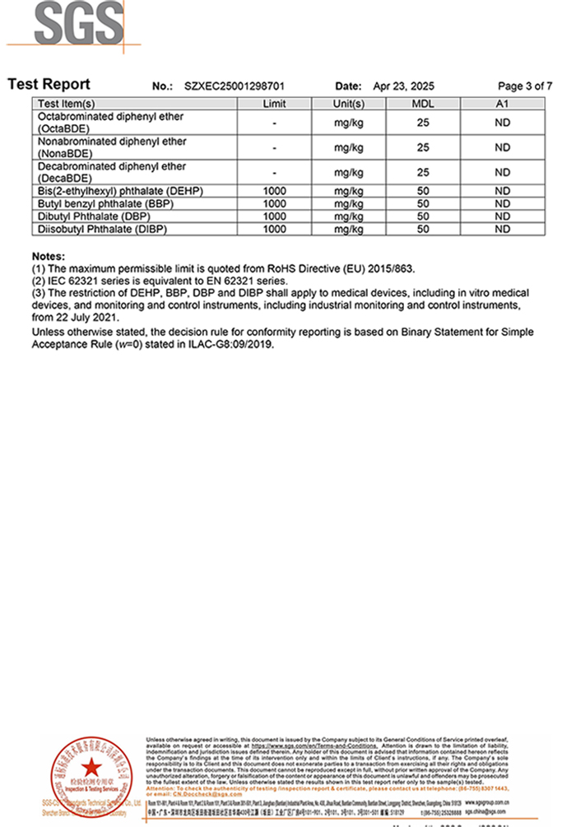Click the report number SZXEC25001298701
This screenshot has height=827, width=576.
click(x=235, y=86)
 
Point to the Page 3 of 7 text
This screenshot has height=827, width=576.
click(x=525, y=86)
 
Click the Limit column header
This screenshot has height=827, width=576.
click(x=274, y=105)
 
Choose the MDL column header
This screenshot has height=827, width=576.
click(x=423, y=105)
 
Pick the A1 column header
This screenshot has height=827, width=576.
click(x=502, y=105)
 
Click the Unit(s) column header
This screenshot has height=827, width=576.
click(x=349, y=105)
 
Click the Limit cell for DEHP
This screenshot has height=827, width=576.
click(x=274, y=192)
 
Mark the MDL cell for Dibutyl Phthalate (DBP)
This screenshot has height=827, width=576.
click(x=423, y=216)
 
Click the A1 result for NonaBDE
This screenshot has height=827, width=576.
click(x=502, y=148)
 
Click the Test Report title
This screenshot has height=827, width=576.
click(x=49, y=85)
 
